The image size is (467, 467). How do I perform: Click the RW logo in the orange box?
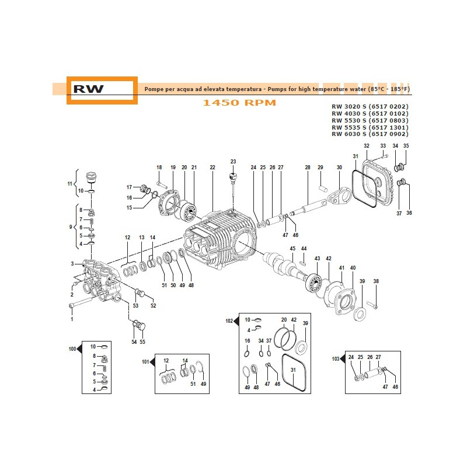89,89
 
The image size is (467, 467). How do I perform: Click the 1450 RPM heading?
239,103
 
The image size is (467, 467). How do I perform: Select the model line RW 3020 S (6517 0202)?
370,106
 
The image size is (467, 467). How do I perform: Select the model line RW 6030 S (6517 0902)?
370,134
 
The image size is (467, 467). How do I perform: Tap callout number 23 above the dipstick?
233,162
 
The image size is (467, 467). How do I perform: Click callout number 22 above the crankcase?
212,168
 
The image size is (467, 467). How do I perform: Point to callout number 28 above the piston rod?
308,168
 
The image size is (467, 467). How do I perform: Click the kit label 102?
229,320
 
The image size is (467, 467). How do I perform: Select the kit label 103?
335,360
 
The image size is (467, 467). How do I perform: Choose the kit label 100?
72,349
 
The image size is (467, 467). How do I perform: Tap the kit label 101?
146,362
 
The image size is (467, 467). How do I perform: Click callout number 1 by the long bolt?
72,319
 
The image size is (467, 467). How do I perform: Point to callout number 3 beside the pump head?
72,264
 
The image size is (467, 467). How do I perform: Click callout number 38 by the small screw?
376,281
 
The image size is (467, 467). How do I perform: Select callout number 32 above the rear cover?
366,145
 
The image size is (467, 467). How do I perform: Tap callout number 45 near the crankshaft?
293,249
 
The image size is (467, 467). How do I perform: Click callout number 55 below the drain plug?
143,341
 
